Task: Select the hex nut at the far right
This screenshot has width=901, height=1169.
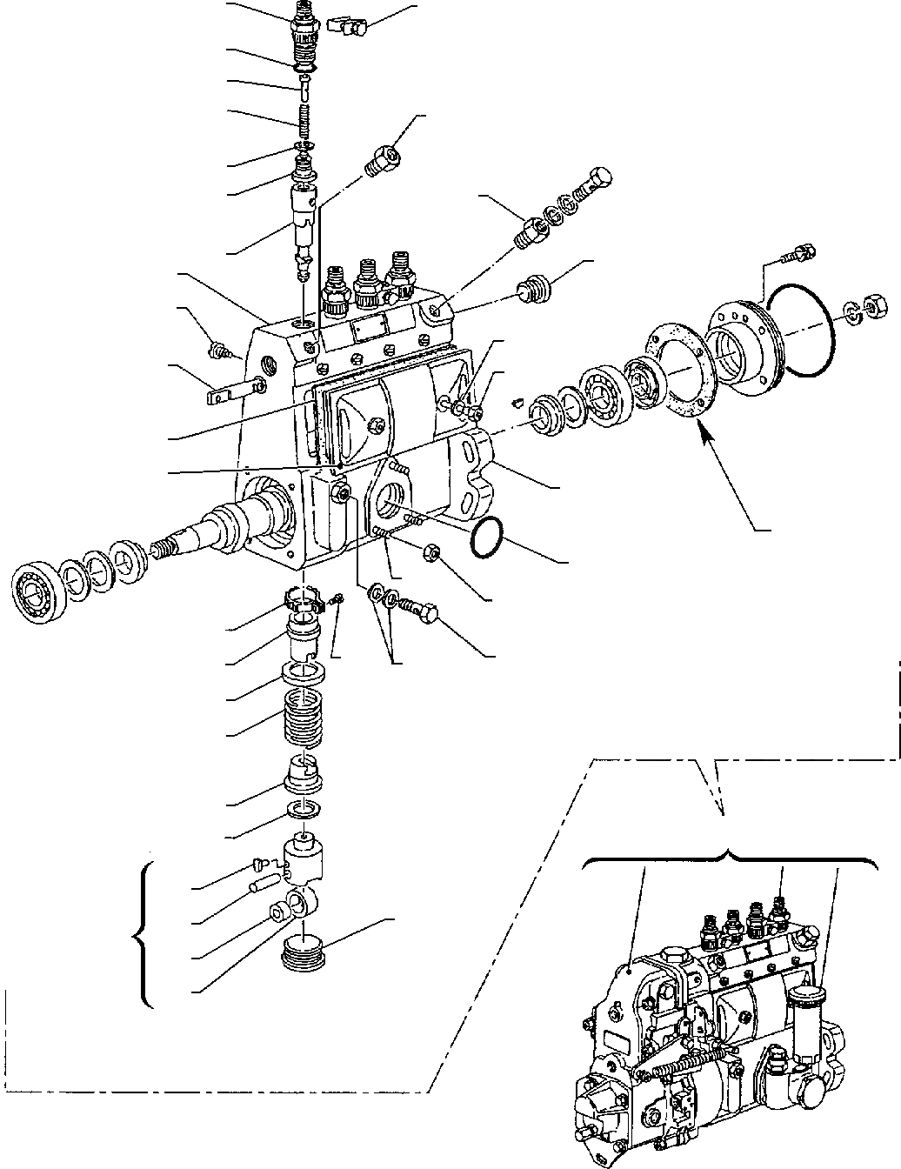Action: point(875,305)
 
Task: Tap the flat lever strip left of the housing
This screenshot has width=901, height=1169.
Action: point(233,390)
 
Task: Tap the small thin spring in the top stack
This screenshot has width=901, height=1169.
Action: point(305,118)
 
